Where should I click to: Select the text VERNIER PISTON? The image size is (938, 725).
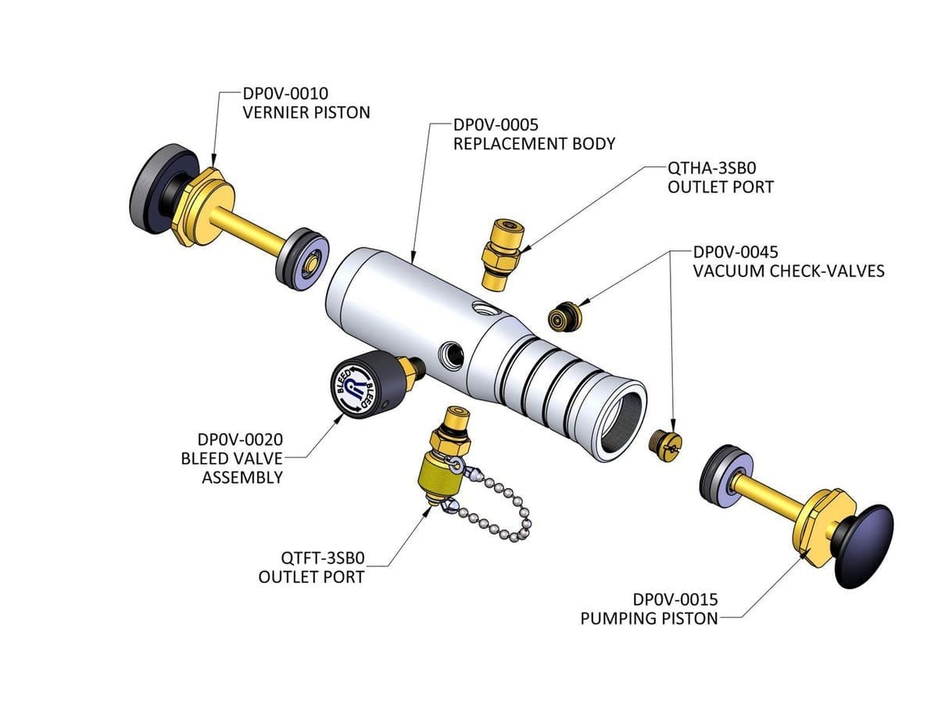point(306,113)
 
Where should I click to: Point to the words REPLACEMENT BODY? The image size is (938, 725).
point(534,144)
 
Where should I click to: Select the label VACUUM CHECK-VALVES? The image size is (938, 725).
point(789,271)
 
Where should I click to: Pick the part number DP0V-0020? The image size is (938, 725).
point(239,440)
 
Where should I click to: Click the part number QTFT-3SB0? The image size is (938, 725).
point(323,558)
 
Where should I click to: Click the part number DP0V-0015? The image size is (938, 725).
point(675,600)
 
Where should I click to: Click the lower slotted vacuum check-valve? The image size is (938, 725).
point(666,445)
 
